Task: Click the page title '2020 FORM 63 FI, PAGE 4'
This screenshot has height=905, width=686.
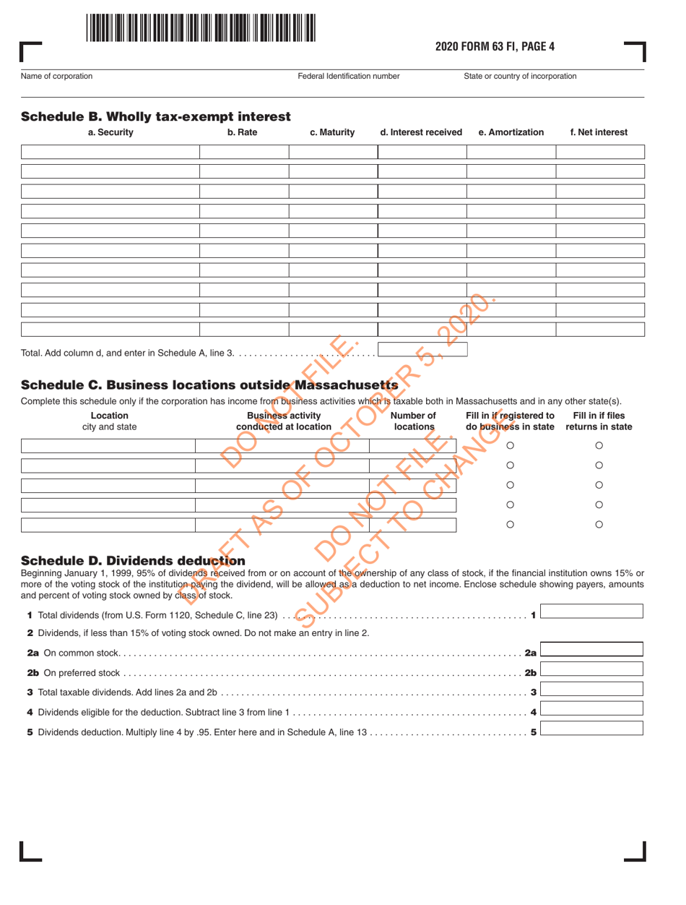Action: click(x=495, y=48)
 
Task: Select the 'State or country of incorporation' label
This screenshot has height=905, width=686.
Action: click(x=520, y=76)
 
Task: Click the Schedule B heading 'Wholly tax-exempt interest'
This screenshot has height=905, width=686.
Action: click(x=156, y=116)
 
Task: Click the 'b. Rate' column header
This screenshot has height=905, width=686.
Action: click(x=243, y=132)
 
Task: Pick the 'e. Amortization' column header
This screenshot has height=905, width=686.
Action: click(x=511, y=132)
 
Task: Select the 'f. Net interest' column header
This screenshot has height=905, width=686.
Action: click(x=599, y=132)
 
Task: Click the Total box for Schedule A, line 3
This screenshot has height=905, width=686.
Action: click(x=422, y=351)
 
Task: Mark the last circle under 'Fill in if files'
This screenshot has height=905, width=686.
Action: click(x=599, y=525)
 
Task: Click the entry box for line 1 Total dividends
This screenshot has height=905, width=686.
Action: click(x=591, y=612)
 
